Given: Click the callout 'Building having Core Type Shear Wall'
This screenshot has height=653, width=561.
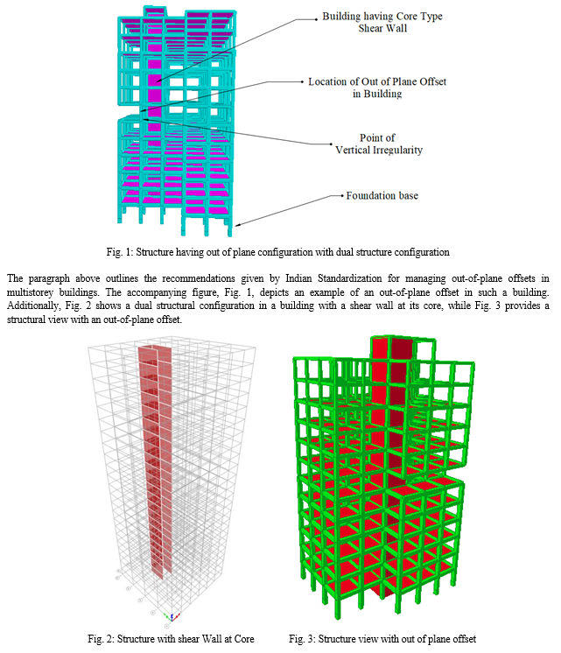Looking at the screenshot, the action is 382,22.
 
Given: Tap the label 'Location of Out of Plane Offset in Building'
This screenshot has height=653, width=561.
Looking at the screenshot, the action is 377,88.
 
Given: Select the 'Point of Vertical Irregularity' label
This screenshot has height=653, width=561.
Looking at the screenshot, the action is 379,144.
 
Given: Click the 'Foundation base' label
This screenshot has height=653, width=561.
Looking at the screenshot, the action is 382,196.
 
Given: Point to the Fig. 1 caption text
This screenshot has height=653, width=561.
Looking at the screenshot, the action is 277,252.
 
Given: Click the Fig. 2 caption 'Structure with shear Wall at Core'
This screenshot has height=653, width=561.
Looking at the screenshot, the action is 171,639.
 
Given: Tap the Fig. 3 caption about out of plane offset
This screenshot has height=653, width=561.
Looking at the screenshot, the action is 382,639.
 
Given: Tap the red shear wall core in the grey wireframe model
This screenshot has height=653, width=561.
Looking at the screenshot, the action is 155,458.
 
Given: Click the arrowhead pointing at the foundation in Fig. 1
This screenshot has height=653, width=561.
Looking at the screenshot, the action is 237,225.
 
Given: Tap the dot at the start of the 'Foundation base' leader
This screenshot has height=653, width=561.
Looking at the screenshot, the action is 342,196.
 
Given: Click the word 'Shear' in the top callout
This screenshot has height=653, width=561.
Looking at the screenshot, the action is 370,28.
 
